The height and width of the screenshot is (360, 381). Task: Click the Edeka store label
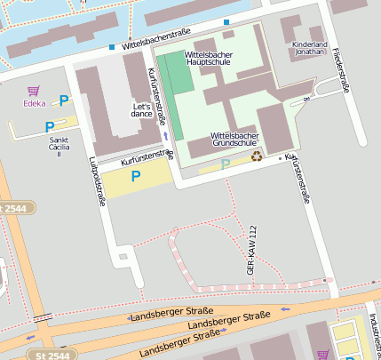35,104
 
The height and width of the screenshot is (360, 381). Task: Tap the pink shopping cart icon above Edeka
34,91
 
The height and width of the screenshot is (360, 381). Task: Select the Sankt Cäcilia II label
59,146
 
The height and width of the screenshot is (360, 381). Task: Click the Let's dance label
142,109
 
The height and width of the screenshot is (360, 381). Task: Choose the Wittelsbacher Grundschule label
234,138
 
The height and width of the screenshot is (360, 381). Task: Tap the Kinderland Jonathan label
309,48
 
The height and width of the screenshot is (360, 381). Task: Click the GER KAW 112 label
252,249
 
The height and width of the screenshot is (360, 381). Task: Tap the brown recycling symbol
257,156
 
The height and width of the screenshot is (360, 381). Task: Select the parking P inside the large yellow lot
136,176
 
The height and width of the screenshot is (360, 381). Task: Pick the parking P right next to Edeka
62,100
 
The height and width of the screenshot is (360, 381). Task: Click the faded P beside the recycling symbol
225,164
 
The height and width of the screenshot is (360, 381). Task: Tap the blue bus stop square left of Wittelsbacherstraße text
112,46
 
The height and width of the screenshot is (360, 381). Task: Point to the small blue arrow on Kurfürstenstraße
165,135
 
